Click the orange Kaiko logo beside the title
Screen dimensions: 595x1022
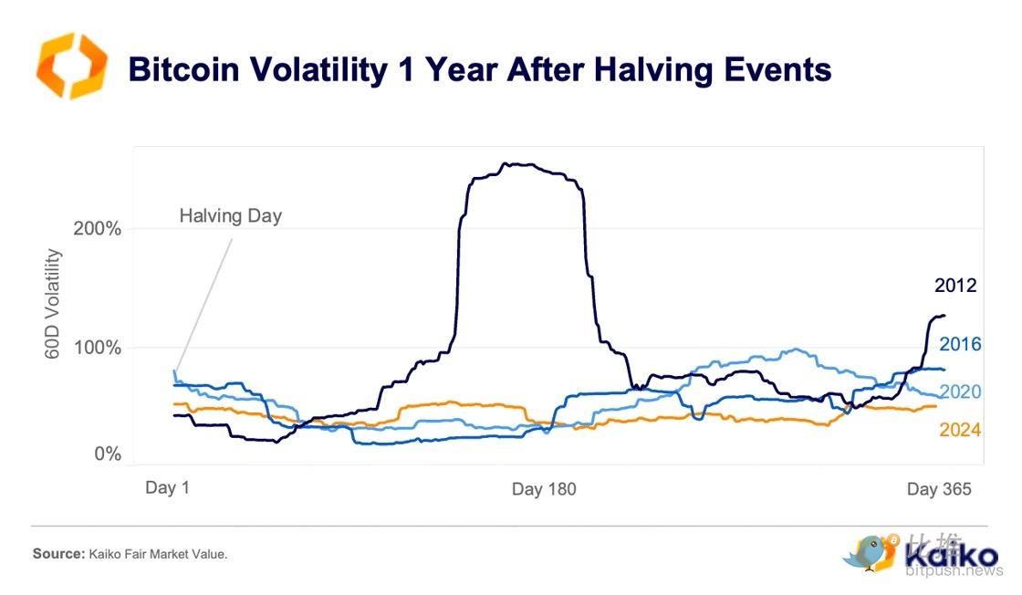[70, 66]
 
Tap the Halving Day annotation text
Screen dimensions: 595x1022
[230, 216]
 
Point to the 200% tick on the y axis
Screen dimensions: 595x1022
[98, 228]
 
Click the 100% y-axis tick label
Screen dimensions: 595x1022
[98, 348]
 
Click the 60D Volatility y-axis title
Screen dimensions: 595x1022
[52, 304]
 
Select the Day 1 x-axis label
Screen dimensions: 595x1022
[167, 488]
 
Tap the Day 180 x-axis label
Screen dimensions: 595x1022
[544, 489]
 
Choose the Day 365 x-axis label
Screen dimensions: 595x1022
[939, 489]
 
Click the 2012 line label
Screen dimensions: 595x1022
[955, 286]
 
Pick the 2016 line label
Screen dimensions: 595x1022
[960, 344]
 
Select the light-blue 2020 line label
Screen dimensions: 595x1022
[960, 391]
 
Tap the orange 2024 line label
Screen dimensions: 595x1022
[960, 429]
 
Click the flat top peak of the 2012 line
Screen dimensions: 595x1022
[525, 165]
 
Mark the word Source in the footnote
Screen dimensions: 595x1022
[57, 554]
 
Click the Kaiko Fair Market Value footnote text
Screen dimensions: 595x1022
[157, 554]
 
